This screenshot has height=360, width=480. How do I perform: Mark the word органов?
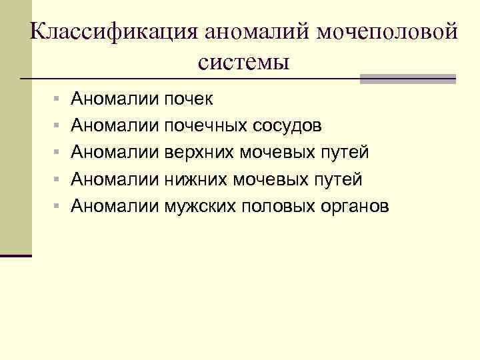pyautogui.click(x=353, y=206)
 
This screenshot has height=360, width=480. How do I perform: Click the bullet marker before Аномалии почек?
pyautogui.click(x=58, y=100)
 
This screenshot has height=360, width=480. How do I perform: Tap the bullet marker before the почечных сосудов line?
pyautogui.click(x=58, y=127)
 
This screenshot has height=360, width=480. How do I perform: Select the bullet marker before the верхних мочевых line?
pyautogui.click(x=58, y=153)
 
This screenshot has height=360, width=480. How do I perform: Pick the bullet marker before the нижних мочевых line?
pyautogui.click(x=58, y=180)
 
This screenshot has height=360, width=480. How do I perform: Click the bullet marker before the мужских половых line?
pyautogui.click(x=58, y=207)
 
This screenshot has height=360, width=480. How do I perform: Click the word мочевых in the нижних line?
pyautogui.click(x=274, y=179)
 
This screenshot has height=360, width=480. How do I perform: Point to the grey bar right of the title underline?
pyautogui.click(x=407, y=79)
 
